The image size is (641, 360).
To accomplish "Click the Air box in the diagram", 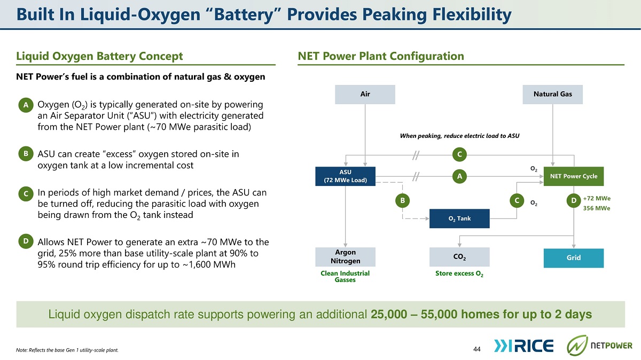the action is tap(365, 94).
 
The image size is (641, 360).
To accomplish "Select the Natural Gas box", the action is tap(552, 94).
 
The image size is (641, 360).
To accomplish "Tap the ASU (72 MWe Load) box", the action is tap(345, 176).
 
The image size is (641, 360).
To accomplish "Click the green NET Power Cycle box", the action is tap(574, 176).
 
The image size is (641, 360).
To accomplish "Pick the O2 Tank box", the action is tap(459, 218).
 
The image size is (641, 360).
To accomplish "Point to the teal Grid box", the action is tap(574, 258).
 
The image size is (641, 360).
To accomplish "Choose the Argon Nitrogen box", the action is tap(345, 257).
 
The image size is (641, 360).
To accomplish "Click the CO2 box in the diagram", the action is tap(459, 257).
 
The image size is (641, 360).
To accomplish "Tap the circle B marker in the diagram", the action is tap(402, 201).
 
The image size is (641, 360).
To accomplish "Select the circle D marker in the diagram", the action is tap(574, 201).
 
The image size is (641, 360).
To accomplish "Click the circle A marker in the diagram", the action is tap(459, 176).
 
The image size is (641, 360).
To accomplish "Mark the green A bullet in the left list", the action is tap(26, 105).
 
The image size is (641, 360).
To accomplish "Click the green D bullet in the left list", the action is tap(26, 241).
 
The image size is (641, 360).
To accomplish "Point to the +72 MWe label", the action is tap(597, 198).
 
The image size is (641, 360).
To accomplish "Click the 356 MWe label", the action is tap(597, 208).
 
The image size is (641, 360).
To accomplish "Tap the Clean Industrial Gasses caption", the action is tap(345, 277).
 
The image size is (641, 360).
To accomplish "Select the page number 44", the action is tap(476, 349).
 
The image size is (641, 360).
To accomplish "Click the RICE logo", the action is tap(523, 346).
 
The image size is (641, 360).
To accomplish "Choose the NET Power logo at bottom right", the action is tap(599, 346).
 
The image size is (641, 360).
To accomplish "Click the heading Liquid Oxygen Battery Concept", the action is tap(99, 56).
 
